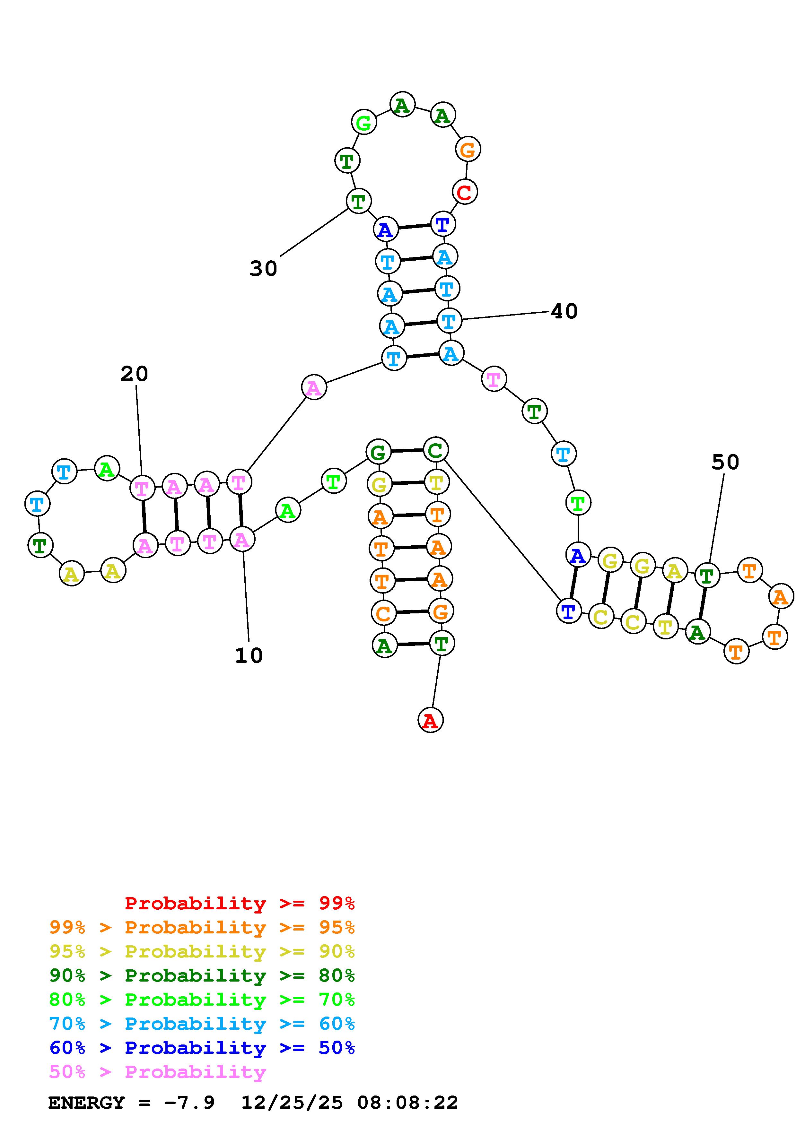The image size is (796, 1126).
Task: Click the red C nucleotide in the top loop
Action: (x=464, y=192)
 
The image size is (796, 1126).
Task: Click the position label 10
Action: (x=249, y=656)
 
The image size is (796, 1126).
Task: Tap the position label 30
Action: (x=263, y=269)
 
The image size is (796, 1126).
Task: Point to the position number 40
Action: (x=564, y=311)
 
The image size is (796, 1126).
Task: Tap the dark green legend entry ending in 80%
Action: (x=202, y=975)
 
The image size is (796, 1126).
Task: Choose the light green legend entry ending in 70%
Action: (x=202, y=1000)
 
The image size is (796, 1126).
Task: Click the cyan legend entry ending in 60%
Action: (x=202, y=1024)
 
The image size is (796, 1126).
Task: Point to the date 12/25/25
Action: (x=292, y=1103)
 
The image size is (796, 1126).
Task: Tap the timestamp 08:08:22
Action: (x=407, y=1103)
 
